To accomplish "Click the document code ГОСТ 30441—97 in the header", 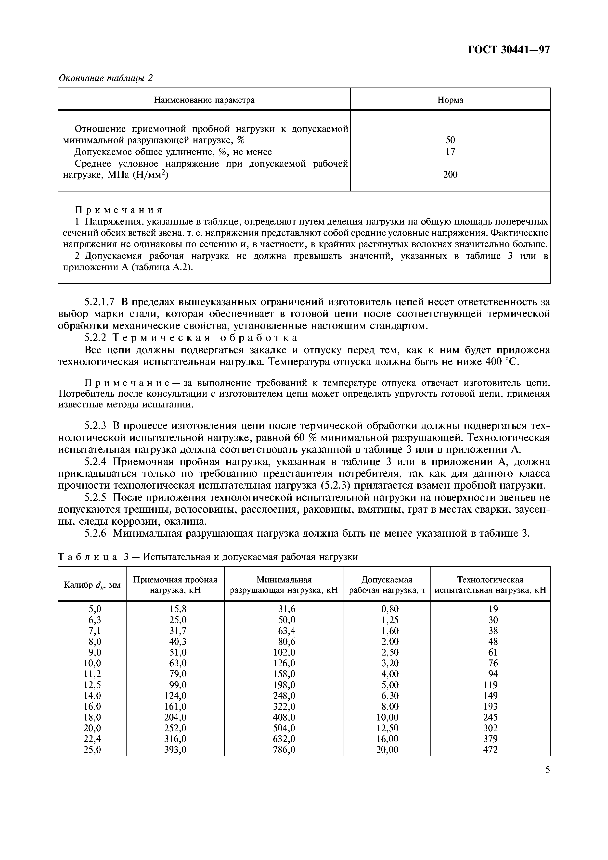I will (x=508, y=50).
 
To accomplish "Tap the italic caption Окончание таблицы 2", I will (x=106, y=78).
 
